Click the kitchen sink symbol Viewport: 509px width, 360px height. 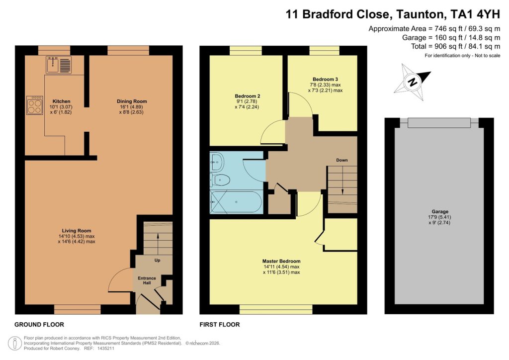pos(59,65)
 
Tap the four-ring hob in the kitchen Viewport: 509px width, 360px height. pos(35,105)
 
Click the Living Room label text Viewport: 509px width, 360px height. pos(76,231)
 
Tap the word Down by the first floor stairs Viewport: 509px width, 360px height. pos(341,160)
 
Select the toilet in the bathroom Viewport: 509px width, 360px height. pos(221,180)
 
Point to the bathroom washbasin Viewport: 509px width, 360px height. pos(217,161)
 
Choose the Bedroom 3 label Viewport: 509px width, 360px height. pos(325,80)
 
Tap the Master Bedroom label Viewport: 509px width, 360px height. pos(281,261)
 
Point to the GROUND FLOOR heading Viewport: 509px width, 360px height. pos(39,325)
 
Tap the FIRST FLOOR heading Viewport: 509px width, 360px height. pos(220,325)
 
